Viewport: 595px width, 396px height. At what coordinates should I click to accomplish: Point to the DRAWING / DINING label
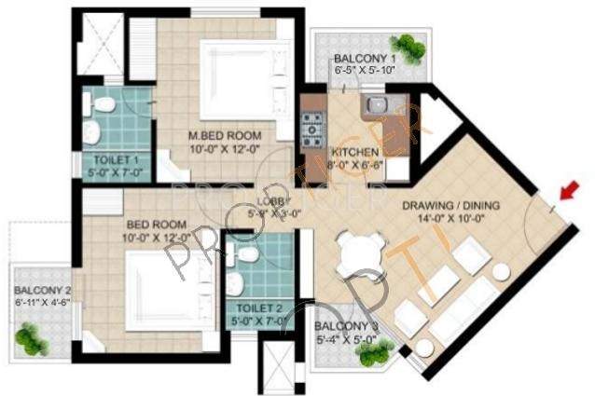450,206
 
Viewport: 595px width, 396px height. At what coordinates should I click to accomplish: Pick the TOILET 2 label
260,307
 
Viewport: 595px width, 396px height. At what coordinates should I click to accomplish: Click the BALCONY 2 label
42,290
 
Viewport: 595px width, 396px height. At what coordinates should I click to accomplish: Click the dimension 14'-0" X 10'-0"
450,220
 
